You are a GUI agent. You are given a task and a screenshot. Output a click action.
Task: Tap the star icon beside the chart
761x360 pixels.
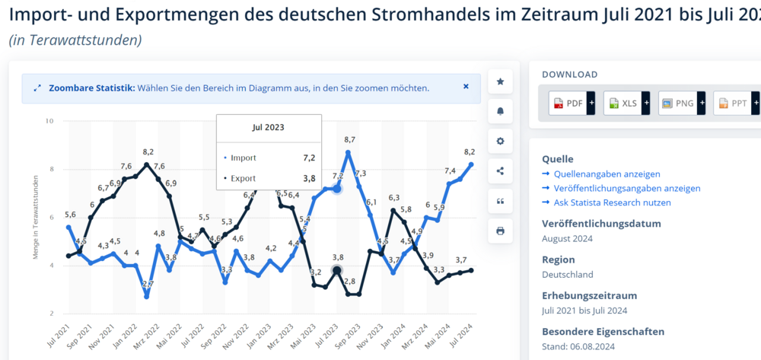pos(500,81)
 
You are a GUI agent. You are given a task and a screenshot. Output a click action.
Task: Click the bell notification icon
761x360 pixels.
pos(500,111)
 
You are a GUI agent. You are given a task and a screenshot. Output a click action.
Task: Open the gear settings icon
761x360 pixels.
pos(500,141)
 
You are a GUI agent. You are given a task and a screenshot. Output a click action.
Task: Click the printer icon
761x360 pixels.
pos(500,231)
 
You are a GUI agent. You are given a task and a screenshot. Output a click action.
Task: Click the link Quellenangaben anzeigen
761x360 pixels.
pos(596,174)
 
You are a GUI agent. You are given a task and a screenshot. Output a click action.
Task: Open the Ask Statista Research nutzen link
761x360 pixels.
pos(607,202)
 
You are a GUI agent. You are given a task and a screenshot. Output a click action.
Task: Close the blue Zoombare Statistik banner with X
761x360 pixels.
pos(466,87)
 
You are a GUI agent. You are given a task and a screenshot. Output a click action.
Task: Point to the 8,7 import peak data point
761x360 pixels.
pos(349,153)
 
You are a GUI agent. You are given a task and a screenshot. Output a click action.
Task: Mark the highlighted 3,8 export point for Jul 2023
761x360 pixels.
pos(336,270)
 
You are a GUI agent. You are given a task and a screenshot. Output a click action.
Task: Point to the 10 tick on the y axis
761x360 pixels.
pos(49,121)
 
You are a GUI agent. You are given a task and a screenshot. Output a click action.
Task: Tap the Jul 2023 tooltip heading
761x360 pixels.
pos(269,127)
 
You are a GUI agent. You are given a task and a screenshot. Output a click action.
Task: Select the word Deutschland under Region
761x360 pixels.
pos(568,274)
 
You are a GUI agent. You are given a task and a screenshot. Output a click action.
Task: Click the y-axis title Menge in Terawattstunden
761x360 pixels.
pos(37,217)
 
